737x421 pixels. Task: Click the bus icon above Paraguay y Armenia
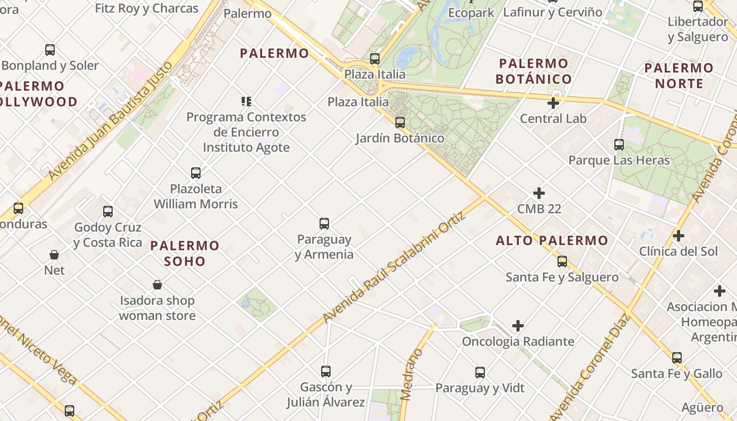tap(324, 224)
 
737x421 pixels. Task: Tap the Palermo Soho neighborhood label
tap(185, 253)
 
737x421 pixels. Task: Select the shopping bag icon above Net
tap(54, 255)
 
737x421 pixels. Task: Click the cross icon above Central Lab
tap(553, 103)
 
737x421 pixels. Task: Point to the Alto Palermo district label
tap(552, 241)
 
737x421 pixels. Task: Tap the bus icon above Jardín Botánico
tap(400, 123)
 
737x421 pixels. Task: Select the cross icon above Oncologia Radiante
tap(518, 326)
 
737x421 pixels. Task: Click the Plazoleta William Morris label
tap(196, 196)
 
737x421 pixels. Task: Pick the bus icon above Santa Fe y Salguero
tap(562, 262)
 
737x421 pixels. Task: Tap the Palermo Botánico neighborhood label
tap(534, 72)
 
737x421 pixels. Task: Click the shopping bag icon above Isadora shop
tap(157, 285)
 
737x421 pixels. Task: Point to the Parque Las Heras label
tap(619, 160)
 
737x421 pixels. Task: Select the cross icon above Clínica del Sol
tap(679, 236)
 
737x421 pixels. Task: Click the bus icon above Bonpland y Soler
tap(50, 50)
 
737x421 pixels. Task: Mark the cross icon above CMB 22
tap(539, 193)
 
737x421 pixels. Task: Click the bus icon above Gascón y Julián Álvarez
tap(326, 372)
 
